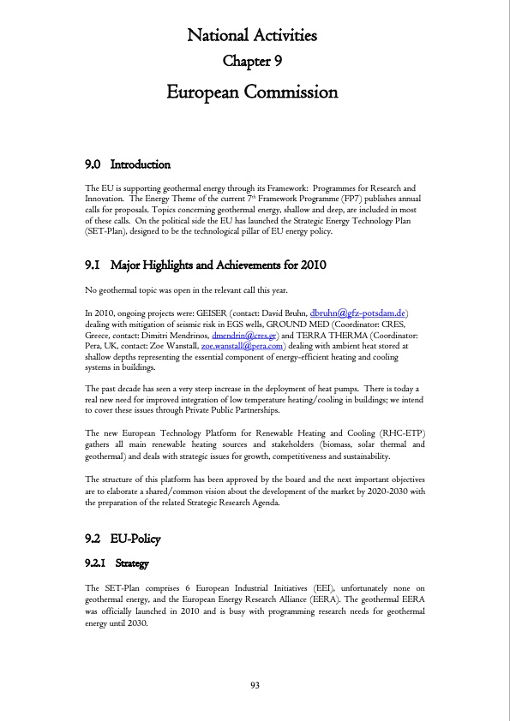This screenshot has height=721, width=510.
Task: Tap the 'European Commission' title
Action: coord(252,92)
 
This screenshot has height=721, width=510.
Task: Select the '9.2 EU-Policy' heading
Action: coord(123,539)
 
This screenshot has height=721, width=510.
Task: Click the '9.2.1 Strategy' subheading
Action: coord(118,564)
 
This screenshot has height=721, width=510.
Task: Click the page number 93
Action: coord(255,685)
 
